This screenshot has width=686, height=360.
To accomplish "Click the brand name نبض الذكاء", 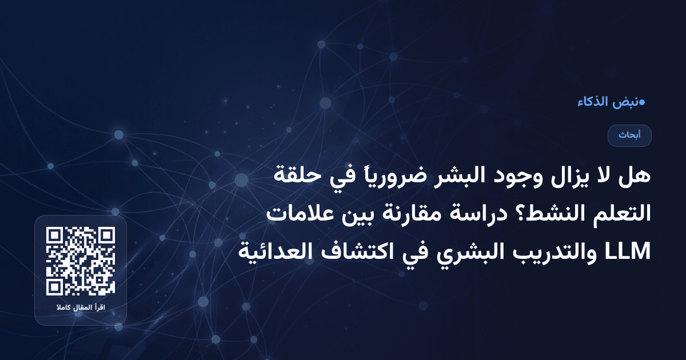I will click(607, 103).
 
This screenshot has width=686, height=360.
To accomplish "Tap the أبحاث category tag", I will click(629, 135).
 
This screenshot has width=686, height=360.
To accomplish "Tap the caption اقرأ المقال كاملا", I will click(81, 309).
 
